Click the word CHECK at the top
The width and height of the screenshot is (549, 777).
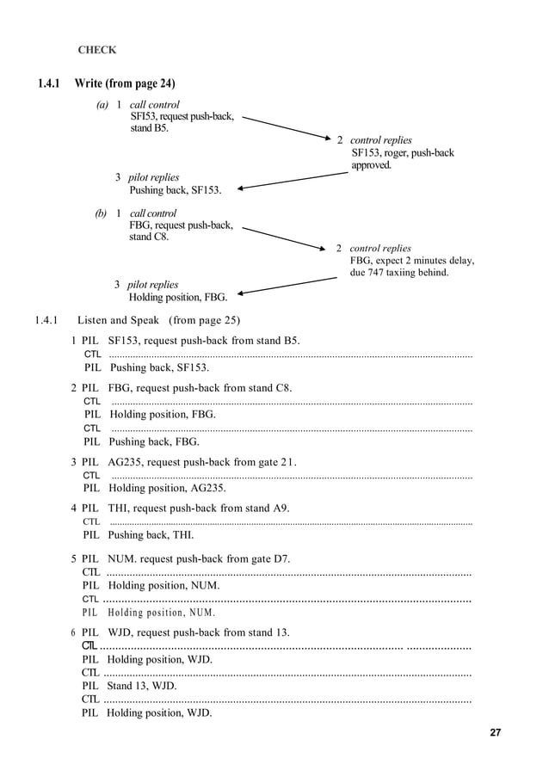tap(97, 50)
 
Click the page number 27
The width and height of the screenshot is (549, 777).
tap(495, 733)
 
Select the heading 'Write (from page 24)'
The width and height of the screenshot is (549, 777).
tap(125, 83)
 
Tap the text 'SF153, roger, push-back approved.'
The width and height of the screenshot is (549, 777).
tap(402, 159)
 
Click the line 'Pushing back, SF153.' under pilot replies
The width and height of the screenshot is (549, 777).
tap(175, 190)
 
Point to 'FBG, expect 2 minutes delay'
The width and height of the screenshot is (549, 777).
tap(412, 261)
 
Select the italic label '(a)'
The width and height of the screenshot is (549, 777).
tap(102, 105)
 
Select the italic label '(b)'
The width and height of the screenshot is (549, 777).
tap(102, 213)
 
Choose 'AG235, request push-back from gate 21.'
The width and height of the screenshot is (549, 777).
tap(202, 461)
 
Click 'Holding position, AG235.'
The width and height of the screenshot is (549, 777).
tap(167, 488)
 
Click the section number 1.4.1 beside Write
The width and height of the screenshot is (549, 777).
tap(49, 83)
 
